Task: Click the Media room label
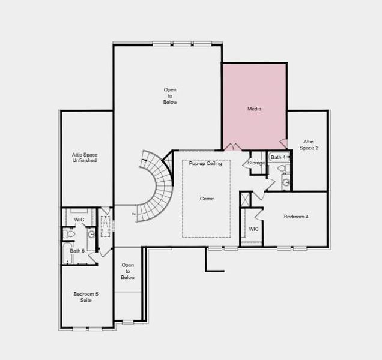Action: point(254,109)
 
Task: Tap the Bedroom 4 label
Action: point(296,217)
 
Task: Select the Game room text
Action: point(207,199)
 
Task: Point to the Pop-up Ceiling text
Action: point(205,163)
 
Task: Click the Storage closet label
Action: point(256,163)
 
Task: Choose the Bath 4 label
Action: point(278,157)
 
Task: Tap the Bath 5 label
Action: point(77,251)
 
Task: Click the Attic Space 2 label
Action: point(309,145)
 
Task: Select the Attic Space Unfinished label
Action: point(85,158)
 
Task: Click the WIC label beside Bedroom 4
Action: point(253,229)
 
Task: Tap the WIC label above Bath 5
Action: point(79,220)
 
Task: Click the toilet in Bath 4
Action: point(283,169)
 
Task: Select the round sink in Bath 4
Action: point(286,181)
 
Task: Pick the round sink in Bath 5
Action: point(91,234)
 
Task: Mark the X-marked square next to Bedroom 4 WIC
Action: point(245,199)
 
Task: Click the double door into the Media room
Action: point(233,148)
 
